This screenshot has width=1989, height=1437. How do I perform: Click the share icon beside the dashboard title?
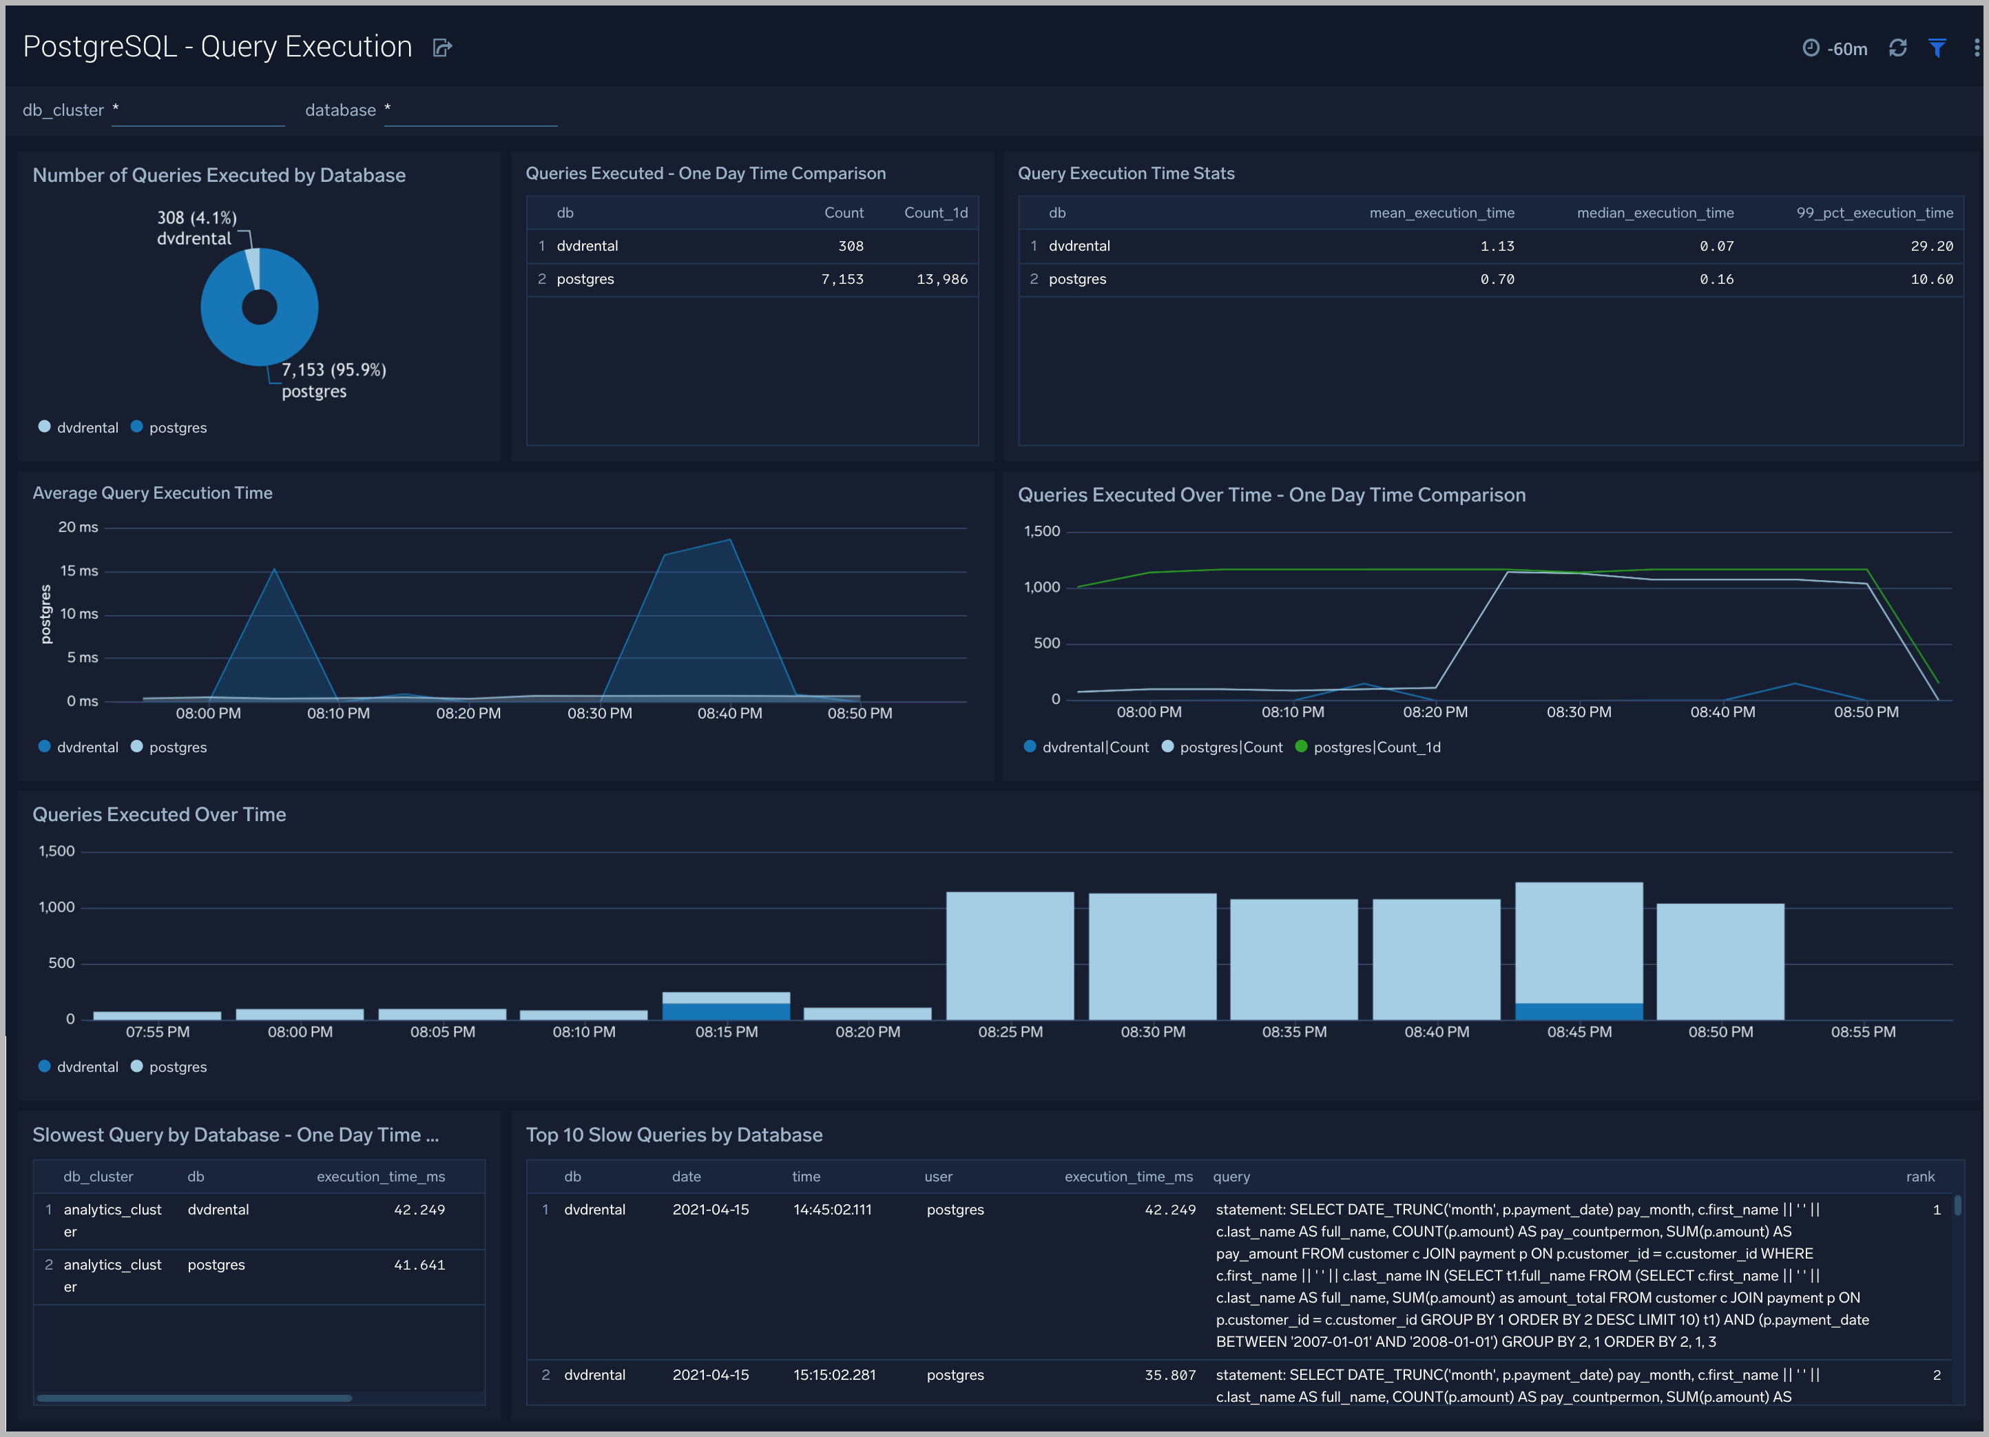pos(442,48)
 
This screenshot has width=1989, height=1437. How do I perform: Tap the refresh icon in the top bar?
pos(1898,48)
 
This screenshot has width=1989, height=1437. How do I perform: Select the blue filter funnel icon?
pos(1937,48)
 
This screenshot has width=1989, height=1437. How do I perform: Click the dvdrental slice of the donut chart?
pos(253,267)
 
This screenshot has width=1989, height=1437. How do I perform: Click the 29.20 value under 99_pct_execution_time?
pos(1931,246)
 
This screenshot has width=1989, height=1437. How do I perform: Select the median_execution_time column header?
pos(1654,212)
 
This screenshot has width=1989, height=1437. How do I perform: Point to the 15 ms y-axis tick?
pos(79,570)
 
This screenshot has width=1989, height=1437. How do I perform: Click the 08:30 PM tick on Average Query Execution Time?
pos(599,713)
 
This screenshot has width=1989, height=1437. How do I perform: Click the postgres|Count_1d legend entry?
pos(1375,747)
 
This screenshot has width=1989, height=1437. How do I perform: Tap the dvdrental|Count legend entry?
pos(1094,747)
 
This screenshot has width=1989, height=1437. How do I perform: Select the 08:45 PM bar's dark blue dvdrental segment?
pos(1579,1011)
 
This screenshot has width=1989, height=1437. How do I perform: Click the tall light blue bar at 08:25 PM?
pos(1010,956)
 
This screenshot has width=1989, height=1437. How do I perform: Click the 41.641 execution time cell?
pos(419,1264)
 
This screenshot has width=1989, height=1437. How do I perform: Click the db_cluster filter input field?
pos(198,112)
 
